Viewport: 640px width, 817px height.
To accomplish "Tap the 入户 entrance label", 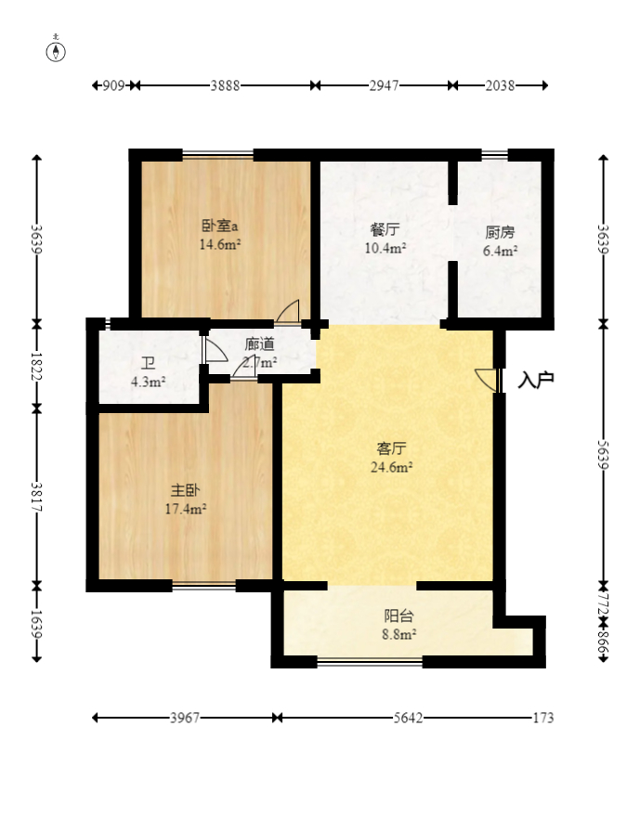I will pos(536,379).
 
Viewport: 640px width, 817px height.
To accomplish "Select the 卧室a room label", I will pos(220,226).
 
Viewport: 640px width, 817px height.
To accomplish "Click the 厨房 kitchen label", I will pos(500,232).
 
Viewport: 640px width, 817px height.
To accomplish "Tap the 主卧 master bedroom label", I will pos(184,489).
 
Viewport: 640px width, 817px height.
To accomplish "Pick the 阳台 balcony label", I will pos(399,615).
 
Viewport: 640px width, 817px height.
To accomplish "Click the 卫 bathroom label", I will pos(148,363).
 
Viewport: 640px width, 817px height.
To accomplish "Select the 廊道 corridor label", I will pos(259,344).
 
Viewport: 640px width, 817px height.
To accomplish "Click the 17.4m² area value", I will pos(185,508).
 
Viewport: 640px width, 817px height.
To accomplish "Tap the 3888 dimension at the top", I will pos(225,85).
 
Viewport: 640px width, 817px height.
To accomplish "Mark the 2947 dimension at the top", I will pos(384,85).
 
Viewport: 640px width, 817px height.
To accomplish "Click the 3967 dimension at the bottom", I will pos(186,718).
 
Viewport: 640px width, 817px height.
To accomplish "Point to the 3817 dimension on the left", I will pos(37,497).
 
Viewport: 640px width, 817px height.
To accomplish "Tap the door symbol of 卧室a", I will pos(288,311).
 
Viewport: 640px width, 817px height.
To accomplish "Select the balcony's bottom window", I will pos(370,662).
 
